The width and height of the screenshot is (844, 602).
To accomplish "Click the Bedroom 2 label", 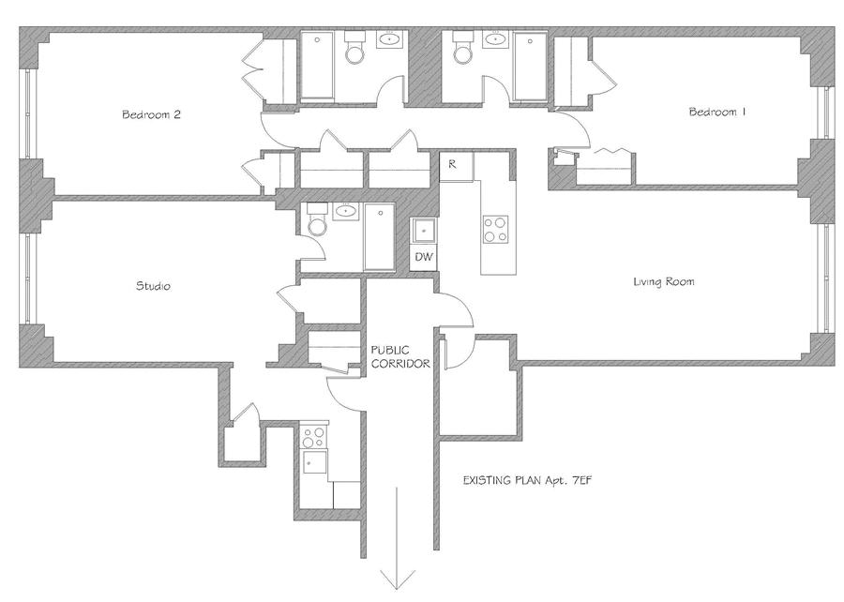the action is (x=151, y=114).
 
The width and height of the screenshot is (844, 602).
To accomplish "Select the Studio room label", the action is (x=154, y=286).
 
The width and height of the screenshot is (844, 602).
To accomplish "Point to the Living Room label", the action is (x=664, y=281).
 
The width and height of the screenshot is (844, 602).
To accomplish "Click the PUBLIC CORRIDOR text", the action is (x=400, y=357).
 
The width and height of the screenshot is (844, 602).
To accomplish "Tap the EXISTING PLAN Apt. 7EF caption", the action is (x=527, y=480).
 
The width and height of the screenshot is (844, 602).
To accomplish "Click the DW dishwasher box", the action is (x=424, y=257).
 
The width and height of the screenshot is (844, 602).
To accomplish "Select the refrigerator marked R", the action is (x=456, y=166).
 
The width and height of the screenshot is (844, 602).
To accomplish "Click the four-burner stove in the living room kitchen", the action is (x=495, y=229).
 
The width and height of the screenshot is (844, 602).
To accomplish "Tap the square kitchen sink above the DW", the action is (x=424, y=232).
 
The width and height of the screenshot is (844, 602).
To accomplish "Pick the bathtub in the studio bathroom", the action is (x=380, y=236).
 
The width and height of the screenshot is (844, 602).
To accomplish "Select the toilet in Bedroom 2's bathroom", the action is (x=354, y=48).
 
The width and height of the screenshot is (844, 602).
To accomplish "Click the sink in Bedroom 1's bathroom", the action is (x=493, y=39).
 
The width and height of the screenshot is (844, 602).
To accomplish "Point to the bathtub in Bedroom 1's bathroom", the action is (x=531, y=66).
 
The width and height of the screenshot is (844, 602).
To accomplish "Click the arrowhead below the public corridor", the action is (x=398, y=581).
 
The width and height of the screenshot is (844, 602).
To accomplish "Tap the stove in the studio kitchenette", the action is (x=313, y=437).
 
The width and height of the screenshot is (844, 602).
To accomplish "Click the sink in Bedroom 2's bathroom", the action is (x=387, y=39).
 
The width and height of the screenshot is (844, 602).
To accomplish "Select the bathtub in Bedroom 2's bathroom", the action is (x=317, y=66).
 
